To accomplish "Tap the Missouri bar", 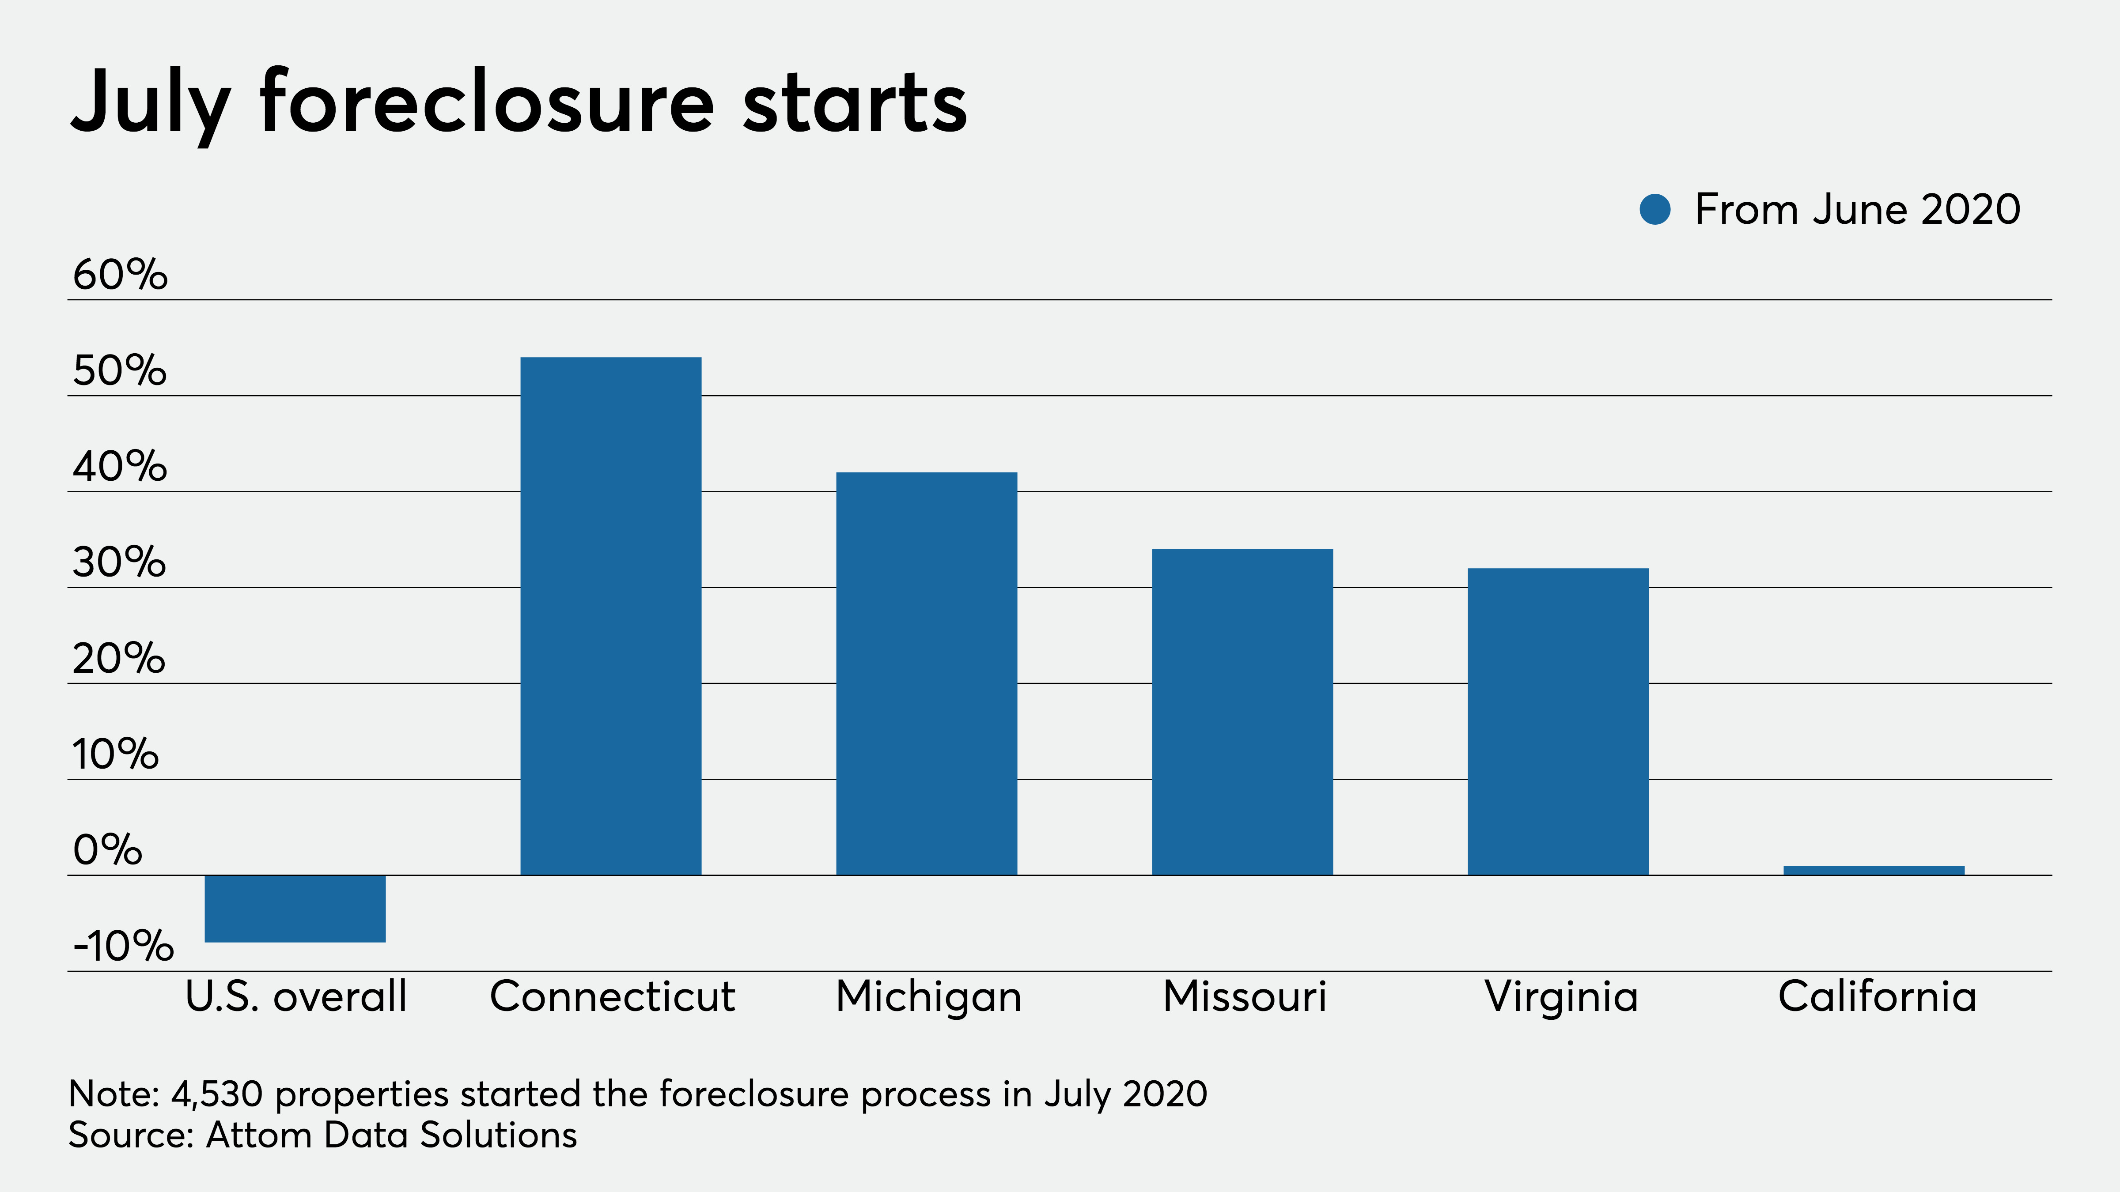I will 1242,712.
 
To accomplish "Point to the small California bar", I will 1874,870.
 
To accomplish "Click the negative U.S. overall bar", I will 295,908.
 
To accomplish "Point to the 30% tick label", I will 119,563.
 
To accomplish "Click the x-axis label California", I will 1877,997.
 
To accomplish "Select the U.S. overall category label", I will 296,997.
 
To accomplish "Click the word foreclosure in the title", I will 487,103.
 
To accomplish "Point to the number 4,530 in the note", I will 216,1094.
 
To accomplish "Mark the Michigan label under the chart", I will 928,997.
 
